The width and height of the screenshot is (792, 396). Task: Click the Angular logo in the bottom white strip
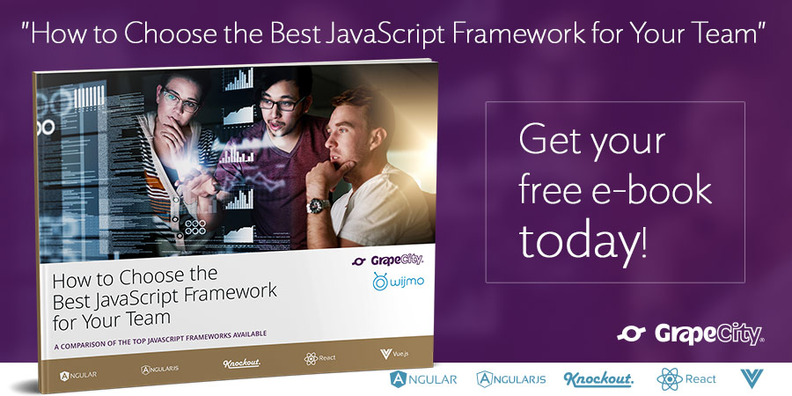[x=423, y=378]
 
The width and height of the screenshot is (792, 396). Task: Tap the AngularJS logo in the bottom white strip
[x=513, y=378]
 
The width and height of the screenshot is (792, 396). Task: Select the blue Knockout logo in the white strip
[x=598, y=379]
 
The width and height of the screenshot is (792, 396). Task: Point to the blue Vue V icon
[x=752, y=378]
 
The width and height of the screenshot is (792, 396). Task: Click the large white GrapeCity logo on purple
[x=690, y=334]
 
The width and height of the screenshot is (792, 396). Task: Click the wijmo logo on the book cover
[x=398, y=282]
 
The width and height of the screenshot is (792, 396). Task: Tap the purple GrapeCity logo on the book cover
[x=387, y=260]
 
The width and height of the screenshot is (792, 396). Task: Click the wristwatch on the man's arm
[x=318, y=205]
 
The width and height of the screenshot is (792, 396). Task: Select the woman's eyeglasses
[x=180, y=100]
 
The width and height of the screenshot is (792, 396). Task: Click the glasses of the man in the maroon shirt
[x=281, y=104]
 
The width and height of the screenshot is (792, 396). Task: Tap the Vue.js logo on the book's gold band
[x=394, y=354]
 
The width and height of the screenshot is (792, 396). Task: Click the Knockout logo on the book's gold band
[x=241, y=363]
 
